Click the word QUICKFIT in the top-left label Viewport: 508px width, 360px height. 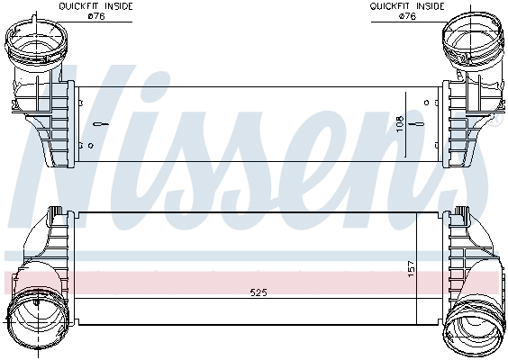click(x=79, y=6)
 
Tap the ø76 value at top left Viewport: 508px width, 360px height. click(x=95, y=15)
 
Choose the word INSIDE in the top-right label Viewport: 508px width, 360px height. click(x=430, y=6)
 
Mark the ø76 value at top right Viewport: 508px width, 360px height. click(x=407, y=15)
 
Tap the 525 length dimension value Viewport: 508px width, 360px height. click(x=258, y=293)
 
